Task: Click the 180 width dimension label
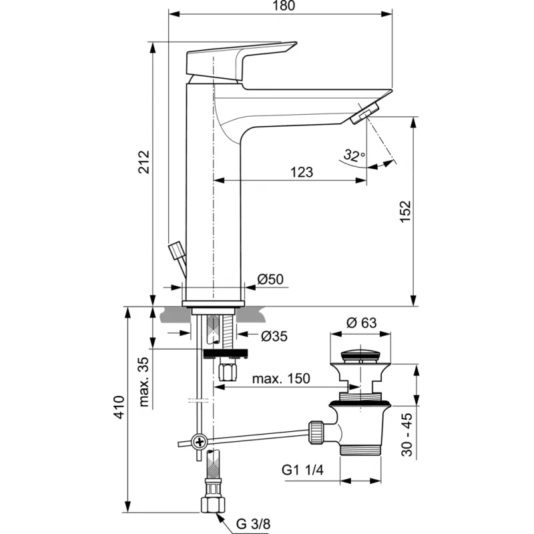point(284,6)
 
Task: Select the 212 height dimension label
point(144,162)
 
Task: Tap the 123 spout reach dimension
point(302,172)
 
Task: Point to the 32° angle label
point(354,156)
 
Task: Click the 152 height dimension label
point(406,212)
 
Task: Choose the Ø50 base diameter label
point(270,279)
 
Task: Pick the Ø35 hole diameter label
point(274,336)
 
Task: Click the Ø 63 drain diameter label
point(362,322)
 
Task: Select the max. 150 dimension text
point(281,378)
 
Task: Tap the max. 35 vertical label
point(144,382)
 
